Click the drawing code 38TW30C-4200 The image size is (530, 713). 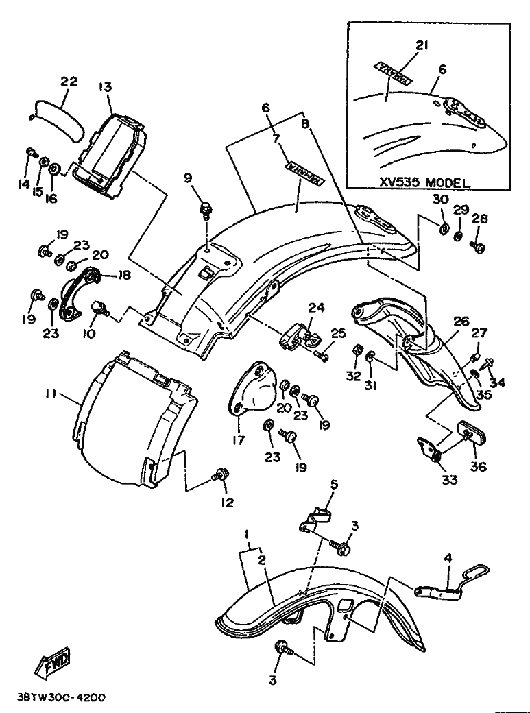point(59,697)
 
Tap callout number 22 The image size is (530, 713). point(69,81)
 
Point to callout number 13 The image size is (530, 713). point(104,87)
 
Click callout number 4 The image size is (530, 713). point(448,559)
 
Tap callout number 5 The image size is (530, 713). point(334,485)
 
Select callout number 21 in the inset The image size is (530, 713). point(422,46)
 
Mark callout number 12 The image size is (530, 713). point(227,503)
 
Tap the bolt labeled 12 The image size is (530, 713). point(221,474)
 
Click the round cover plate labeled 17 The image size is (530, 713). point(254,390)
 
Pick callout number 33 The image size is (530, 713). point(449,481)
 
